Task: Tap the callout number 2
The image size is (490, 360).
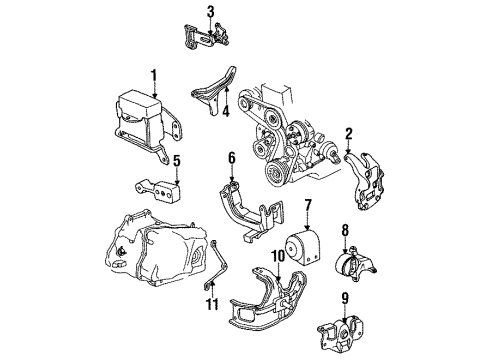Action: tap(348, 133)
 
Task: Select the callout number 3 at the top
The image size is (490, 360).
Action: tap(210, 12)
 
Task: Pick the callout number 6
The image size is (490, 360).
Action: tap(230, 157)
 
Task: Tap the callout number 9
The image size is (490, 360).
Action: tap(345, 297)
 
